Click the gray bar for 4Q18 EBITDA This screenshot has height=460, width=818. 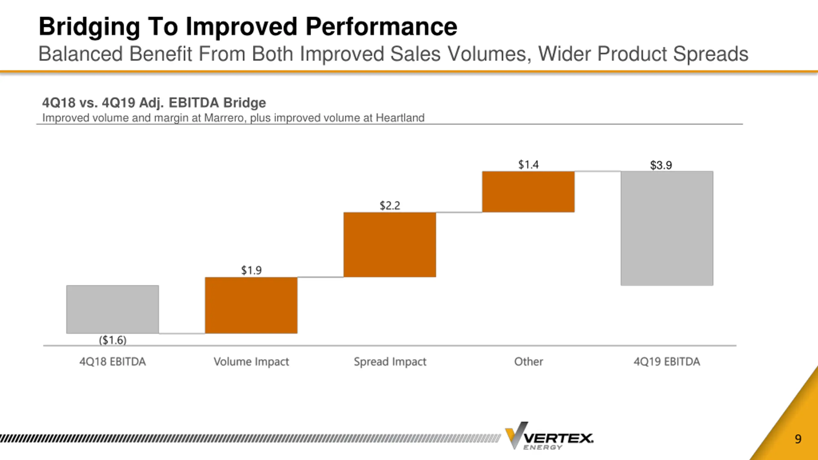[x=112, y=309]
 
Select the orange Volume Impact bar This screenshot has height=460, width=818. [x=251, y=305]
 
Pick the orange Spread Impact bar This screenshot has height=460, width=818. [x=390, y=245]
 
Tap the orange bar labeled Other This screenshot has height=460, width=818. [x=528, y=192]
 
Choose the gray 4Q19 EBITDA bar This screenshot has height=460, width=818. [x=667, y=228]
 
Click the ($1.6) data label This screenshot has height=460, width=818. [x=112, y=340]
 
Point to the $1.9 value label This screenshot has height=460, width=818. [x=251, y=270]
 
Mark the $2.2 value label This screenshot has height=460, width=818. [x=390, y=205]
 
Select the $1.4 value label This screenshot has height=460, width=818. [x=528, y=165]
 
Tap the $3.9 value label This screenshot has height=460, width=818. [x=661, y=165]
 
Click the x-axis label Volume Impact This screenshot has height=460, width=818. [x=251, y=362]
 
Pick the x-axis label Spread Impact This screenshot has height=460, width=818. [x=390, y=362]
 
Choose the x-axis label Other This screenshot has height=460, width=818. [x=528, y=362]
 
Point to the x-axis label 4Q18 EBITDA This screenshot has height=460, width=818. [x=112, y=362]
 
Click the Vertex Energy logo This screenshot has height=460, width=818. [x=549, y=436]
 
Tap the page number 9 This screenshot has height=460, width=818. [x=798, y=439]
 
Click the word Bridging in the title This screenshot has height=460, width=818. [x=89, y=27]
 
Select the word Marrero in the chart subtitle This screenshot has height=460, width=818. [x=224, y=118]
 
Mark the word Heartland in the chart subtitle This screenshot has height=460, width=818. [x=400, y=118]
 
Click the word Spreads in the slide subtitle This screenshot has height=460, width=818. [x=711, y=54]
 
